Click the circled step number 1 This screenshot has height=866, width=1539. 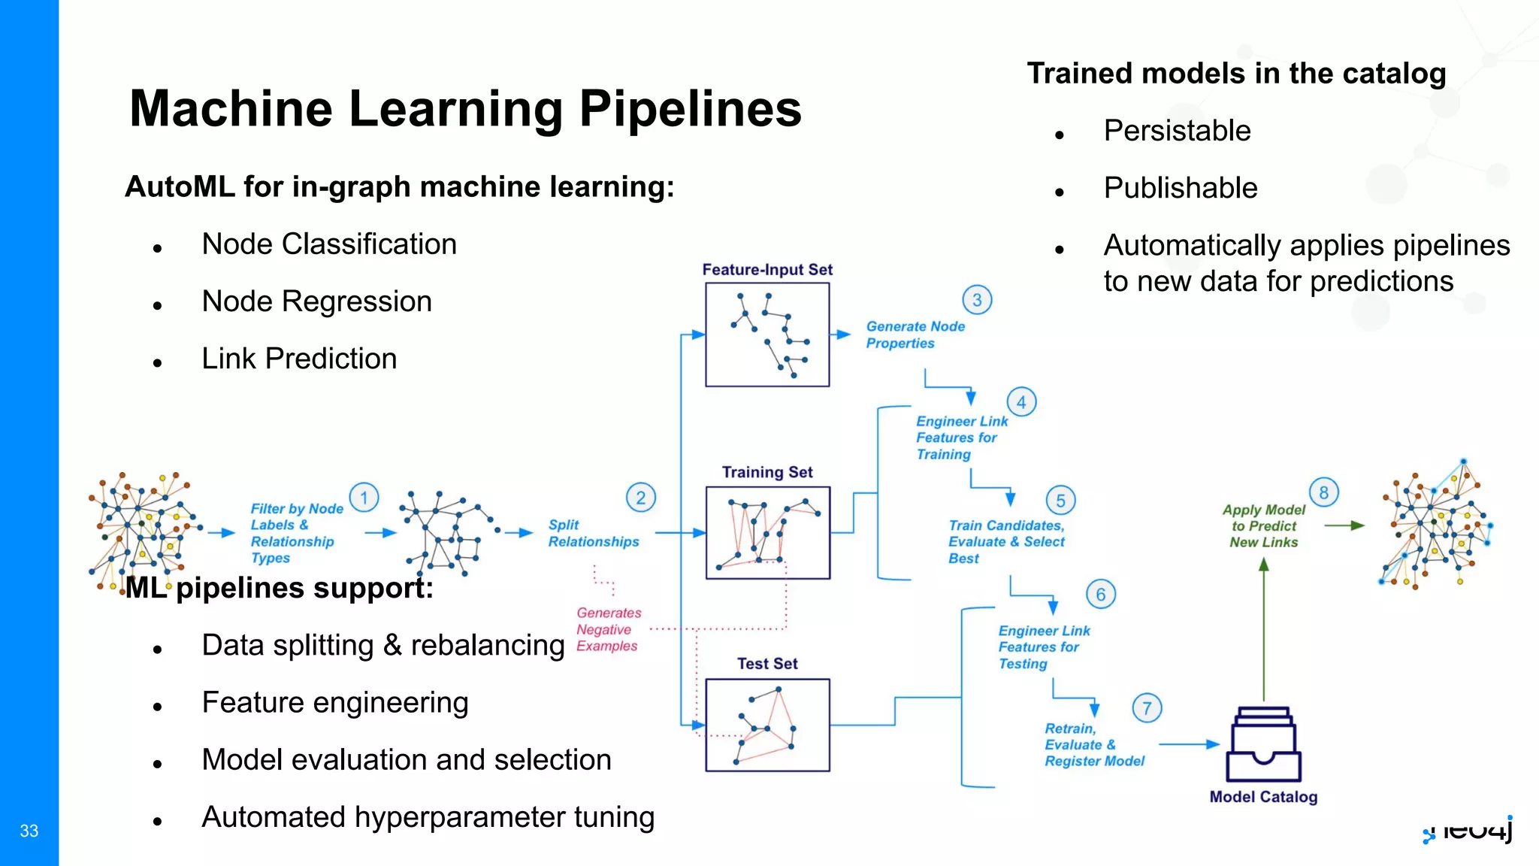[x=364, y=498]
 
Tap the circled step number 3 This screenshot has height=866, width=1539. [x=977, y=300]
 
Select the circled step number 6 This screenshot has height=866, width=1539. [x=1101, y=595]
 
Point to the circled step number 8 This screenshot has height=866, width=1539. [x=1323, y=492]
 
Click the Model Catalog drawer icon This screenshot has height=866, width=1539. [x=1264, y=745]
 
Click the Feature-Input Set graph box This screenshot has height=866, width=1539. [x=767, y=335]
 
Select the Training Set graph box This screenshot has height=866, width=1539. [x=767, y=532]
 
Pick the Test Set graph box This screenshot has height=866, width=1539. [x=767, y=725]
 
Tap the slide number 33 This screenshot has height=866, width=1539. [x=29, y=831]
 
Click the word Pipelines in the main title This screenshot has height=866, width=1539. [x=690, y=109]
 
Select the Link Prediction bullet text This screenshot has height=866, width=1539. [x=299, y=359]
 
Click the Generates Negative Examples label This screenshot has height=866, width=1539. [x=609, y=629]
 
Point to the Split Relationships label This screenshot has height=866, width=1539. [x=593, y=533]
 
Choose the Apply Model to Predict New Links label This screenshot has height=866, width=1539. [x=1264, y=525]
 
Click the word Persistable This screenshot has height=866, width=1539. [x=1177, y=131]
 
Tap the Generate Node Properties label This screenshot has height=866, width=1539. [x=915, y=335]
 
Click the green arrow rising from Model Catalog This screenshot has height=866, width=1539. [x=1264, y=631]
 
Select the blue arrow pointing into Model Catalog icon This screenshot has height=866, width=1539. [x=1189, y=744]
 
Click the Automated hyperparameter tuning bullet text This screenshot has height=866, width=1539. [x=428, y=817]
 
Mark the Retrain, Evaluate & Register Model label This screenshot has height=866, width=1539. [x=1093, y=744]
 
